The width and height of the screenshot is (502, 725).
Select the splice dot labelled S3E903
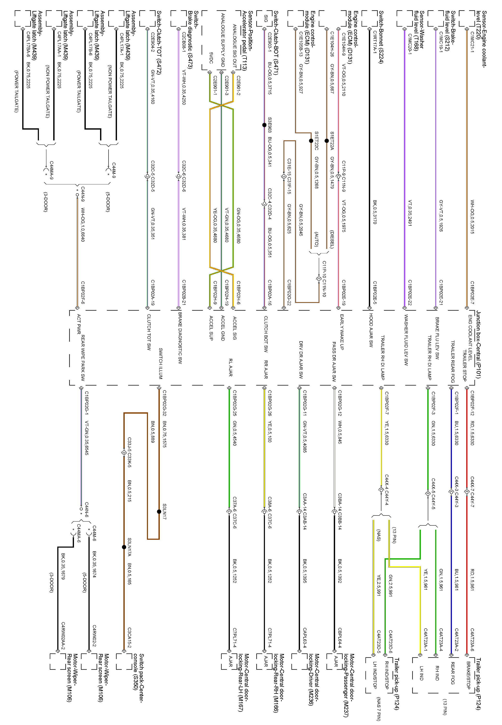click(x=264, y=125)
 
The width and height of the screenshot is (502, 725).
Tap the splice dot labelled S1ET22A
click(x=327, y=141)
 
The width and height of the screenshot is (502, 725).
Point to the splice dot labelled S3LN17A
click(x=124, y=547)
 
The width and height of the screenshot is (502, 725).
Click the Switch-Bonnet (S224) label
click(x=381, y=37)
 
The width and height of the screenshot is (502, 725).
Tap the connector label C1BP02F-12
click(x=472, y=401)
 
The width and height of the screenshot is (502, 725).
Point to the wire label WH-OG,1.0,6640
click(x=83, y=225)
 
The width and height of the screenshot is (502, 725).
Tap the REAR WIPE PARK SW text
click(x=83, y=358)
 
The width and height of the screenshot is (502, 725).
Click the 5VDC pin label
click(x=211, y=58)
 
